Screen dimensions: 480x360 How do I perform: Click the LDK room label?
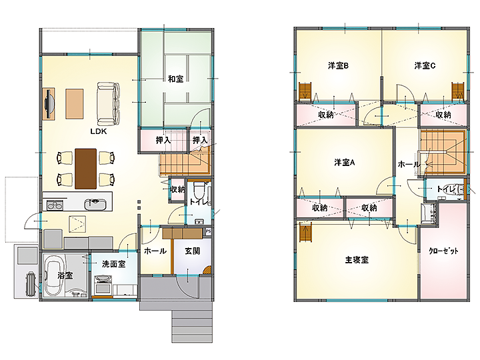99,131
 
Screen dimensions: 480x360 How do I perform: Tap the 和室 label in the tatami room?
176,79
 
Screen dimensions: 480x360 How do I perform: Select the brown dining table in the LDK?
86,169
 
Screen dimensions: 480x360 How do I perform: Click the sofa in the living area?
108,103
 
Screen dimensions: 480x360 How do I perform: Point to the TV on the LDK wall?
49,103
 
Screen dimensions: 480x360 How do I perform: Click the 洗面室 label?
113,264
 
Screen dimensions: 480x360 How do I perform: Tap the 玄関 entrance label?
192,251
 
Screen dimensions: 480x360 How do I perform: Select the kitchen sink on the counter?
95,204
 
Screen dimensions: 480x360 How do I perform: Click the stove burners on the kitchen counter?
55,205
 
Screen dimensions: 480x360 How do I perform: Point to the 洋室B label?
338,66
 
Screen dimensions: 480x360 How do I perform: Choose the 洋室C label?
425,65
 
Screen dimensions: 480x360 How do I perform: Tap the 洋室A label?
345,162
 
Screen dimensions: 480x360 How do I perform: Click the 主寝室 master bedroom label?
357,260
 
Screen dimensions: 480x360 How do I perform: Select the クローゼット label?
443,251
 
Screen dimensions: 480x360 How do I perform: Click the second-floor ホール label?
409,165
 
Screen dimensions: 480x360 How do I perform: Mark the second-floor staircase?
443,153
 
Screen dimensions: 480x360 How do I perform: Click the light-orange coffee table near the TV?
75,103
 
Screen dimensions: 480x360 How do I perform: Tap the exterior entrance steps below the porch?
191,326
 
